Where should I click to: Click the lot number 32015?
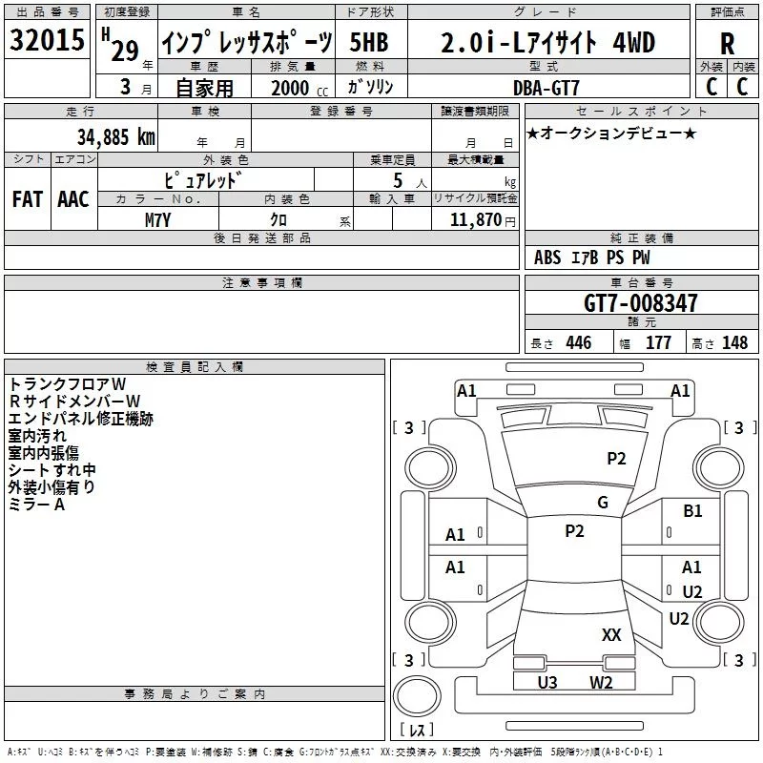47,41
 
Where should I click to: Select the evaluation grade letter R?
727,43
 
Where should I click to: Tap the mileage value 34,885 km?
115,136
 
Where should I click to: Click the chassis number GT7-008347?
640,304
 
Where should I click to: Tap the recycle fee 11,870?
475,219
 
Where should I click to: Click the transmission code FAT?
28,198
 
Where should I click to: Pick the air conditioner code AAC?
73,198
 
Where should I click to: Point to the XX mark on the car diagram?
611,634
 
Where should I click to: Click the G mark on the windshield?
602,503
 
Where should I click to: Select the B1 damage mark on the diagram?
692,511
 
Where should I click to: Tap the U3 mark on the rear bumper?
547,682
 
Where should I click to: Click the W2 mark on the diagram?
601,682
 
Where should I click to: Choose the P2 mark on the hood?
617,459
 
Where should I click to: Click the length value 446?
578,343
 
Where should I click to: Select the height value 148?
734,343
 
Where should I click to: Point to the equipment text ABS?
547,258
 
